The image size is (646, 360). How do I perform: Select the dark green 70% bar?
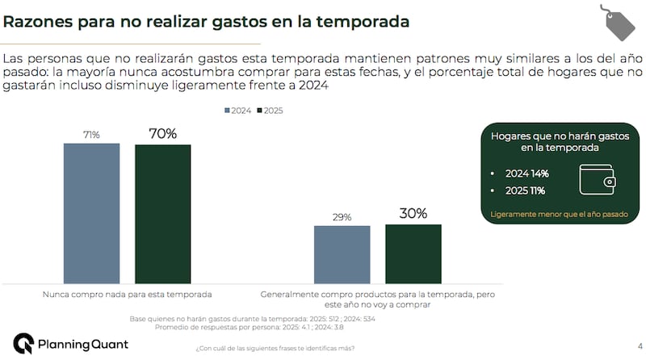pos(162,213)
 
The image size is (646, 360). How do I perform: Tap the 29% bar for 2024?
pos(342,253)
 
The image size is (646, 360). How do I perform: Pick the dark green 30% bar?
pos(413,253)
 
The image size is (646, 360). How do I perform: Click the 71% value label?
pos(91,135)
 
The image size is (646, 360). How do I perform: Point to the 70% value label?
pos(162,134)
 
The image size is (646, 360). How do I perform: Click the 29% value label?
pos(342,217)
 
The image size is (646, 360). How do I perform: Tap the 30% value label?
pos(413,215)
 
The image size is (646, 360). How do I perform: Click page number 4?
pos(628,343)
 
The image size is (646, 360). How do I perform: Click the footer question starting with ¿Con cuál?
pos(275,349)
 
